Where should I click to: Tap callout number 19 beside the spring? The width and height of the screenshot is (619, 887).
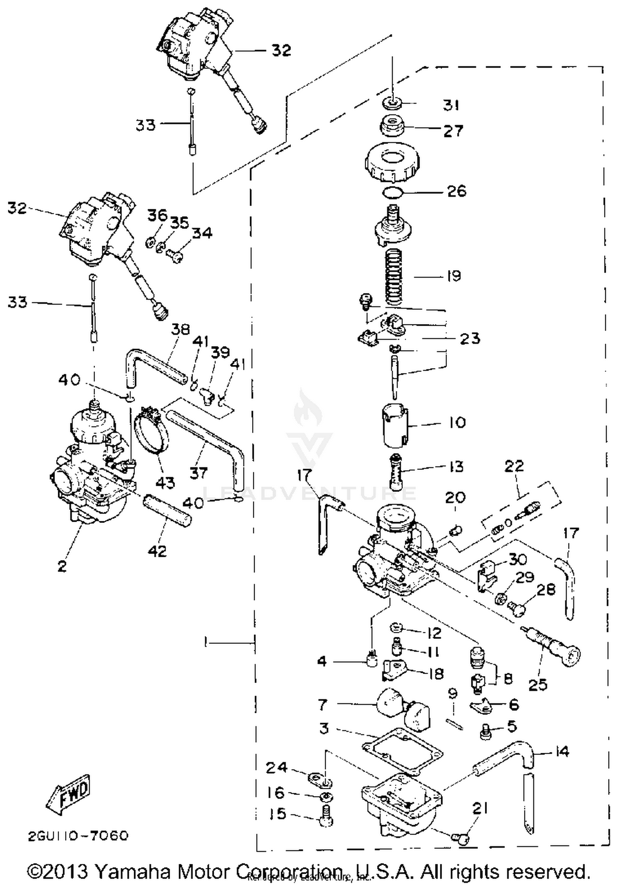point(454,276)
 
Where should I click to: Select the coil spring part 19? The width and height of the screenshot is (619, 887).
point(393,277)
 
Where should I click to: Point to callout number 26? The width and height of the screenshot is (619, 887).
point(457,191)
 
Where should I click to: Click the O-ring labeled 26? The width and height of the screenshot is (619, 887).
point(392,192)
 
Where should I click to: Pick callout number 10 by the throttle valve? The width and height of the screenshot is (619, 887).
point(457,422)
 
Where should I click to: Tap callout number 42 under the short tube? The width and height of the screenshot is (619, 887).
point(158,550)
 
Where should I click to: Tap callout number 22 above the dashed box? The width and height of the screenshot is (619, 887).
point(514,466)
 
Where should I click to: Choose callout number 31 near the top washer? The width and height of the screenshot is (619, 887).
point(451,105)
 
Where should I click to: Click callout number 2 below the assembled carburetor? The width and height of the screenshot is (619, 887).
point(62,565)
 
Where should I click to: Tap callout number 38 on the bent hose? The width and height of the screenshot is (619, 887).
point(180,329)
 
